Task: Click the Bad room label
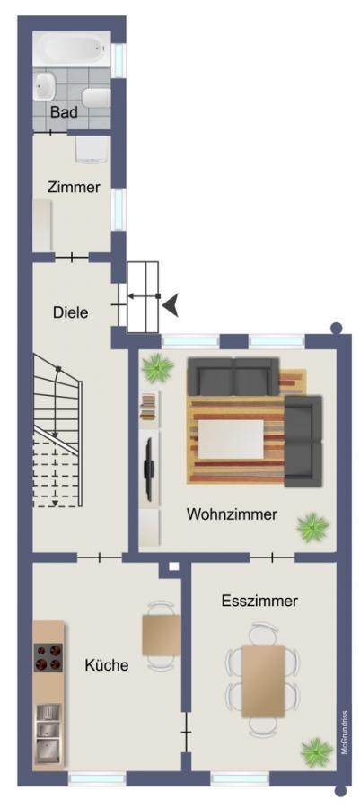64,112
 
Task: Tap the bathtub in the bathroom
72,48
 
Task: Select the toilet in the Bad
97,97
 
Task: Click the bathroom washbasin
45,86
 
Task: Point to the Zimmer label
74,187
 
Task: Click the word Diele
71,312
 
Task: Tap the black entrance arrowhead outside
171,305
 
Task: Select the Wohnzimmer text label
232,514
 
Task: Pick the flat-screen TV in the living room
149,469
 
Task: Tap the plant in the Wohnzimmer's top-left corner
157,369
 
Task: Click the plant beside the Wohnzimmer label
312,527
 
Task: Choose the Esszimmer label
259,601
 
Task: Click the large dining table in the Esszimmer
264,681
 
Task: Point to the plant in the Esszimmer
317,752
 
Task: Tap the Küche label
107,665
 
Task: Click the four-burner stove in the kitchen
48,657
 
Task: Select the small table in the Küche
162,635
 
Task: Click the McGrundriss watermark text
345,733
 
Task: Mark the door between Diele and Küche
100,557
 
